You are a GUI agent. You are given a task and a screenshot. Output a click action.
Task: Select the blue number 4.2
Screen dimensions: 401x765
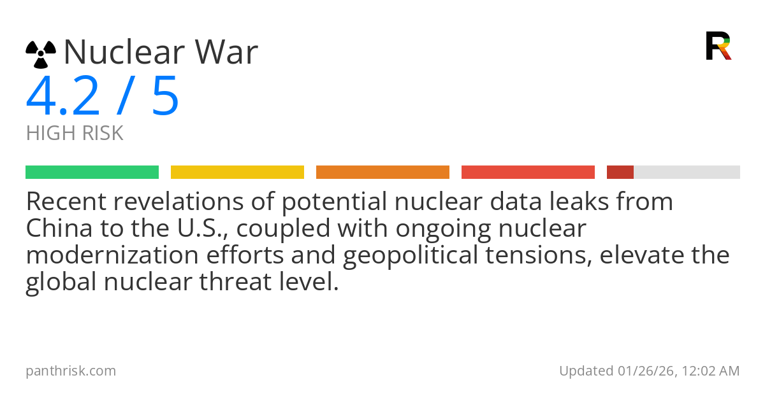63,97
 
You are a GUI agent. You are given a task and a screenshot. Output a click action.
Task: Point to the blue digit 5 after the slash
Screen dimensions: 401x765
165,97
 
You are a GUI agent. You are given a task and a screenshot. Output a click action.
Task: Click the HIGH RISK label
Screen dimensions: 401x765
75,134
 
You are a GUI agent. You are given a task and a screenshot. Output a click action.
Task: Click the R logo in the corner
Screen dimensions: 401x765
718,46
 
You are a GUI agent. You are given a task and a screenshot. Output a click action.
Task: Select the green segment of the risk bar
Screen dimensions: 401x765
92,172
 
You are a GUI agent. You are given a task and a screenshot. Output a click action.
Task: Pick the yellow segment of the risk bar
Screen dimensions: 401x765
237,172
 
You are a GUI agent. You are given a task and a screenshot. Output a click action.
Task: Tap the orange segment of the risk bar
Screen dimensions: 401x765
382,172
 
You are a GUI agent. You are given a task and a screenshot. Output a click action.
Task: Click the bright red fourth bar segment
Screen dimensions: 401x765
528,172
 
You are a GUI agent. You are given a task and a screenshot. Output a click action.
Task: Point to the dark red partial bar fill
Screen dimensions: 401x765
620,172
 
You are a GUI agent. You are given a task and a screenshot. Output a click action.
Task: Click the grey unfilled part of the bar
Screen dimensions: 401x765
687,172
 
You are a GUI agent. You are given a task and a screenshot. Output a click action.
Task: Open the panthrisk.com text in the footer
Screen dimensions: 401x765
71,370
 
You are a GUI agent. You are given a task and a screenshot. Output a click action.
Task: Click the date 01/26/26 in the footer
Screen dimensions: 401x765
643,370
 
